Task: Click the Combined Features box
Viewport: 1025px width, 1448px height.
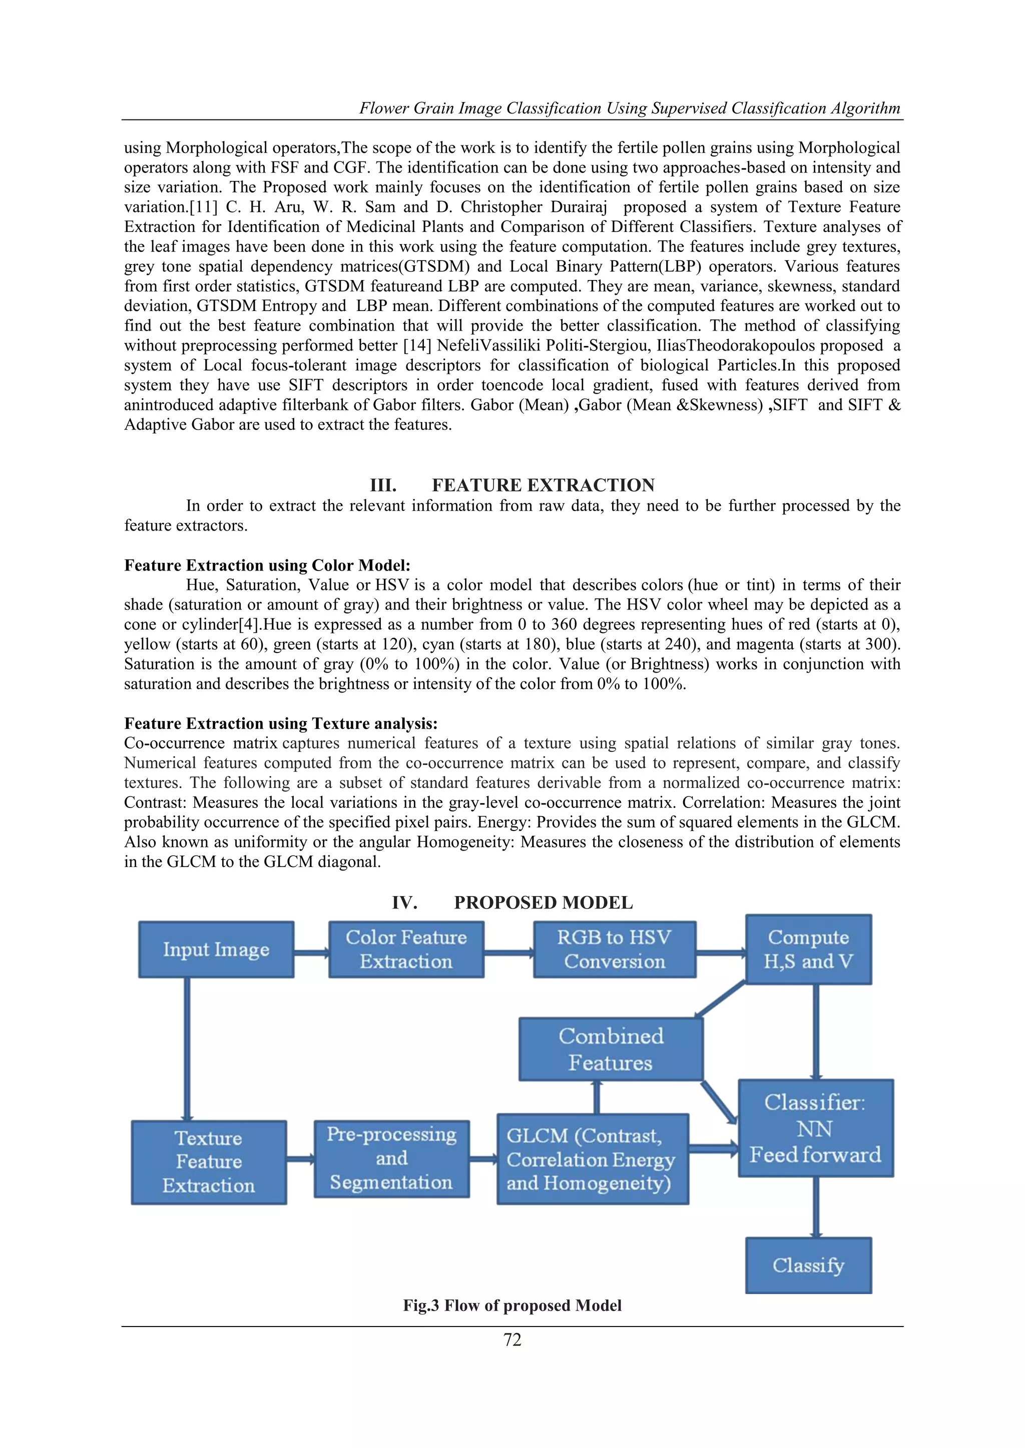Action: [610, 1049]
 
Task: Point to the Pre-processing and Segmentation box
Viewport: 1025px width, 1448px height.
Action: [391, 1158]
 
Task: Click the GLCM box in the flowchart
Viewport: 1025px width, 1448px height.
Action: [592, 1159]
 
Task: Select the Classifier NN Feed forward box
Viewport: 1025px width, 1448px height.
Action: [815, 1128]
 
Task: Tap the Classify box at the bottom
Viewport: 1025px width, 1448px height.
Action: [808, 1265]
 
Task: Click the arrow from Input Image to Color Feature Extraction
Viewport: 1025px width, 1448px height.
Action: [311, 952]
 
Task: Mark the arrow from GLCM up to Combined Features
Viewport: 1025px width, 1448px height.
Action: [597, 1097]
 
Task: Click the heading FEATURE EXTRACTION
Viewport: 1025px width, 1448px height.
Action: [543, 485]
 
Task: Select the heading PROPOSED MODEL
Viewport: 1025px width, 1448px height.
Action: [543, 902]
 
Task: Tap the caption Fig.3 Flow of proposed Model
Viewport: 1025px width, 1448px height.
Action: [512, 1305]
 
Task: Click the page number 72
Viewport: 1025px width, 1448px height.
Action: [512, 1339]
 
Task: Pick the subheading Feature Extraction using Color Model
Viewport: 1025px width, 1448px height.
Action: [267, 565]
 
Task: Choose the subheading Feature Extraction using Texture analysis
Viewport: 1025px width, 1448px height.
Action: [281, 723]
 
